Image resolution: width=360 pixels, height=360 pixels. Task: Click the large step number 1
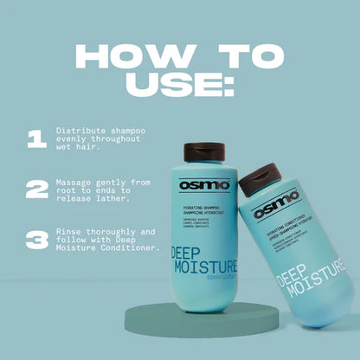point(35,139)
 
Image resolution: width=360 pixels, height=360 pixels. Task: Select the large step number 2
point(36,190)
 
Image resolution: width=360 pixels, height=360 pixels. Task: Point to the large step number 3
point(36,240)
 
